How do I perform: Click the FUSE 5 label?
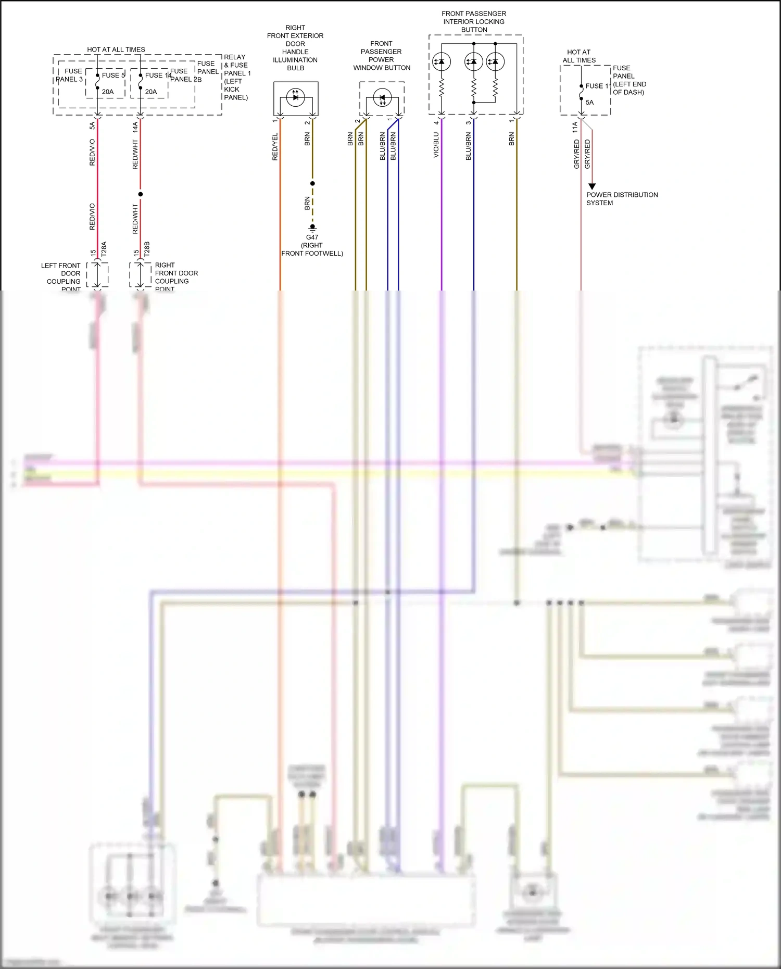tap(113, 75)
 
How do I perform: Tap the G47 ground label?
tap(312, 237)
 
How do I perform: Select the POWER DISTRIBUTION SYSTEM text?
tap(622, 199)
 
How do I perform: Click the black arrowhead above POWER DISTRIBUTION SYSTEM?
tap(592, 186)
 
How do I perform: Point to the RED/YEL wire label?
tap(275, 146)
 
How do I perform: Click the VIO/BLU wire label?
tap(436, 145)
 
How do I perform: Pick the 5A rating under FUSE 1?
tap(589, 103)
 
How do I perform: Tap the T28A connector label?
tap(104, 249)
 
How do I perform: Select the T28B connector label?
tap(147, 249)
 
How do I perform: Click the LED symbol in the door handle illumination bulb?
tap(296, 97)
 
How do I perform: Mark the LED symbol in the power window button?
tap(383, 97)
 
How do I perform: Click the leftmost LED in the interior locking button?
tap(442, 62)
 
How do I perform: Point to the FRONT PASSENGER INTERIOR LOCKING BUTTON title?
tap(474, 21)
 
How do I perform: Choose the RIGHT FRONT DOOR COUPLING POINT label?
tap(176, 277)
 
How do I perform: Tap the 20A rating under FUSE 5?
tap(108, 92)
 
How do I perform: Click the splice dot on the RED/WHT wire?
tap(141, 194)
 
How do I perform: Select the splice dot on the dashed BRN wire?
tap(312, 183)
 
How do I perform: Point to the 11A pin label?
tap(575, 128)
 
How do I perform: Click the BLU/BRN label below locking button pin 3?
tap(469, 146)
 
